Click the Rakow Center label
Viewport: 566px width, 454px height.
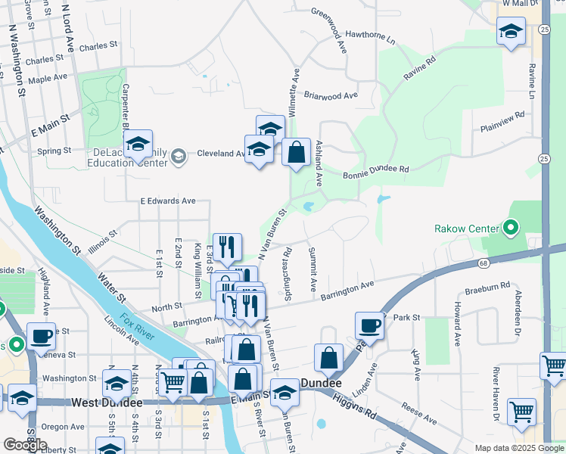tap(467, 229)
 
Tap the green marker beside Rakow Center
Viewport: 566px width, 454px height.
tap(511, 227)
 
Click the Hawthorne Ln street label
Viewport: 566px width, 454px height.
tap(370, 36)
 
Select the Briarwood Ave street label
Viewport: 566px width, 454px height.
tap(331, 96)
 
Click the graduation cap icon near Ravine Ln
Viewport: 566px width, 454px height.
tap(511, 32)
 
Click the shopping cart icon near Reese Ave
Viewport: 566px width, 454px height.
tap(521, 412)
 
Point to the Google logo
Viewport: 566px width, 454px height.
tap(25, 445)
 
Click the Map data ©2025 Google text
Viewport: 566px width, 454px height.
tap(519, 448)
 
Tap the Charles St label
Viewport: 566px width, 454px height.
tap(98, 46)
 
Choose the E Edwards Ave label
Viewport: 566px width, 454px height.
tap(168, 201)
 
